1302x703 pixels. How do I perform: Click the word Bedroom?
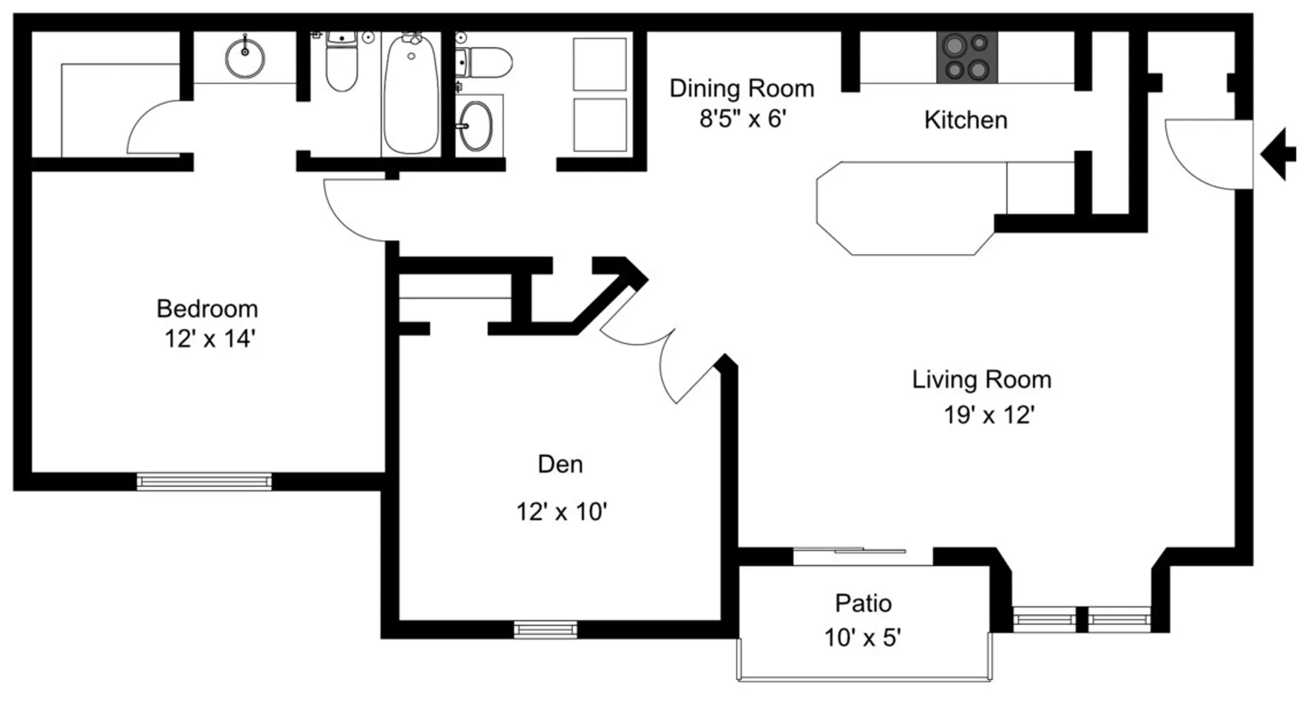coord(207,309)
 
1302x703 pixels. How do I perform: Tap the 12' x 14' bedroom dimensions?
coord(210,339)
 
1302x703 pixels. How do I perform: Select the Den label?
coord(561,465)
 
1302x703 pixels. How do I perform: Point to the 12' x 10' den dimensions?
coord(561,512)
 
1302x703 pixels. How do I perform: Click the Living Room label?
coord(982,380)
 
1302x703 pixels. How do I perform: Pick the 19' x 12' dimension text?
coord(989,415)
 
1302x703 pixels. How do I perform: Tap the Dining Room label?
coord(742,89)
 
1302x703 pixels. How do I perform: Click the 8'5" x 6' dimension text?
coord(743,119)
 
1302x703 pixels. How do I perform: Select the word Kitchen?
coord(966,120)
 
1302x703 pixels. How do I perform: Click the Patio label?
coord(863,603)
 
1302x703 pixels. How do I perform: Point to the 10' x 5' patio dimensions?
coord(862,638)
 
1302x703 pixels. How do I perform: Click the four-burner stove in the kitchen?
coord(967,57)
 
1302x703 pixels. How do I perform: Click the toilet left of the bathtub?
coord(341,61)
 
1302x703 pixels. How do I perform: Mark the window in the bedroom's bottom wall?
coord(204,482)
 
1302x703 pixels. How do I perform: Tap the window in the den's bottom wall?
coord(545,630)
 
